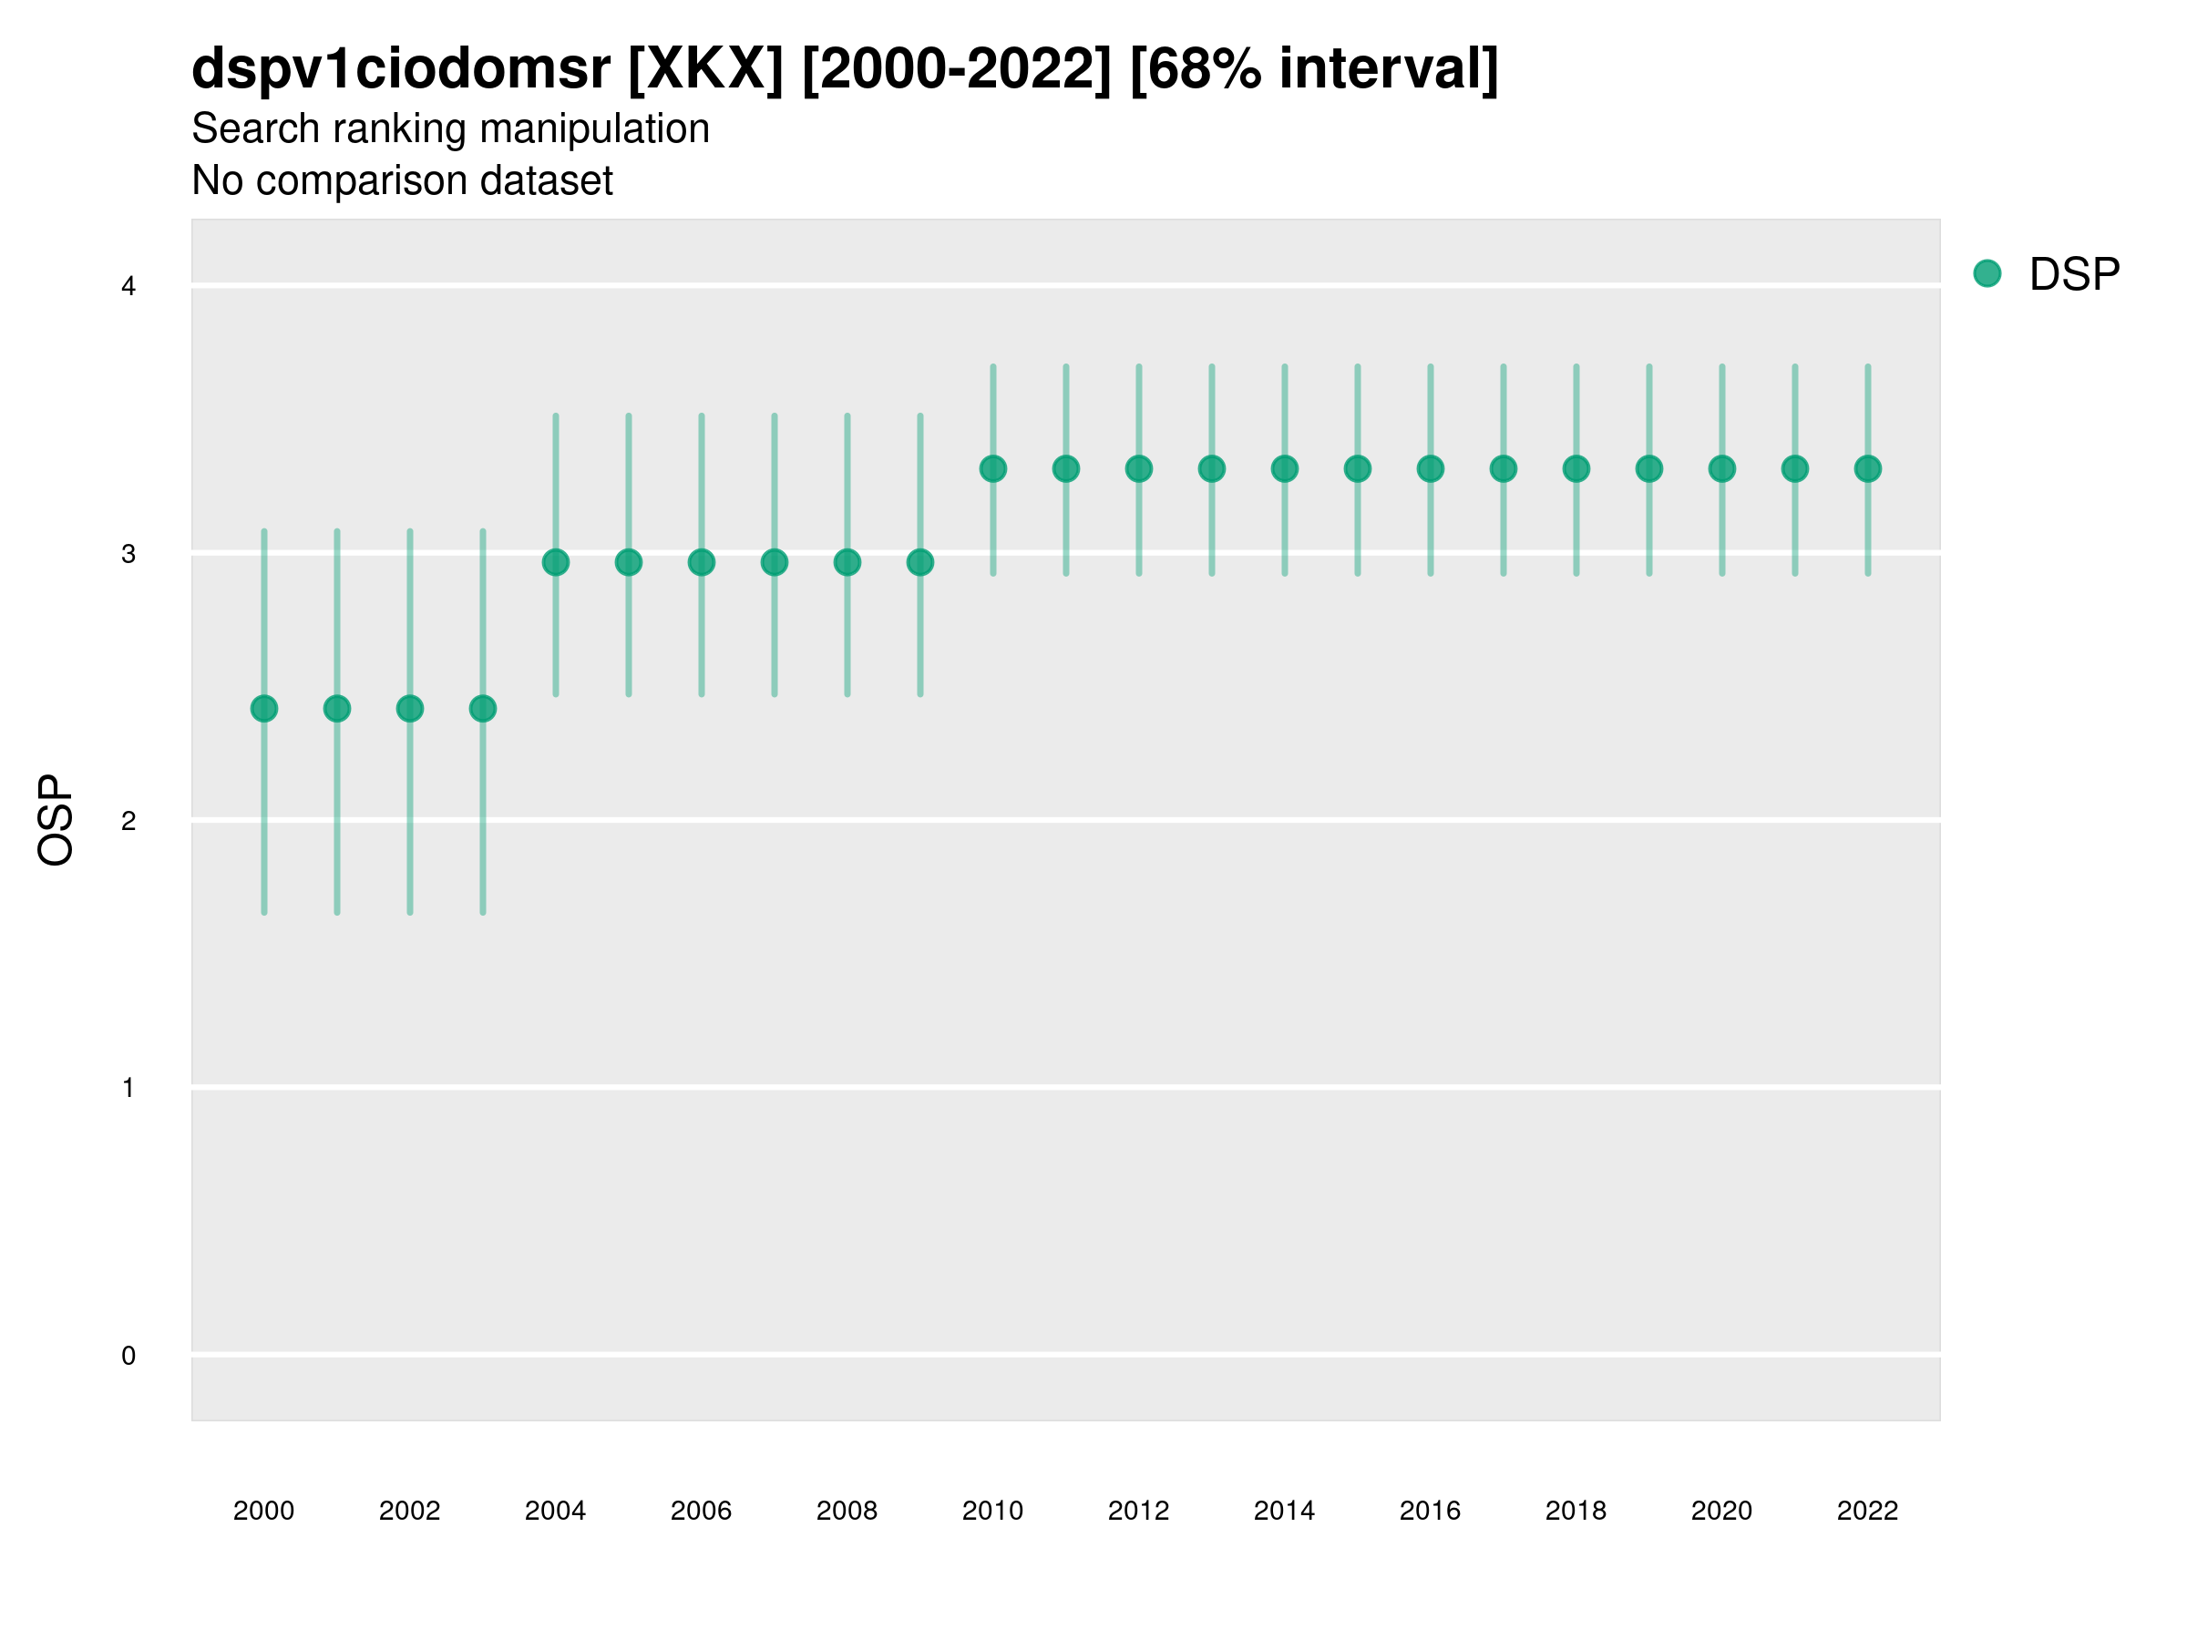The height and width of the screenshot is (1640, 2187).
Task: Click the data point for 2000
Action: coord(264,709)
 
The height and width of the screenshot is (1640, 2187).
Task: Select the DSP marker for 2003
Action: coord(482,709)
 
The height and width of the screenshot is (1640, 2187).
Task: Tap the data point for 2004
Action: coord(556,562)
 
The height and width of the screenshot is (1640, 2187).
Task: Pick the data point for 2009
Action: coord(920,562)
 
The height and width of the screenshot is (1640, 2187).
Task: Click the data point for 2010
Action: coord(992,468)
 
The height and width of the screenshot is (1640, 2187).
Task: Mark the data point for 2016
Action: coord(1431,468)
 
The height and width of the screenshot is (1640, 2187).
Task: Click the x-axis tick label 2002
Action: coord(409,1511)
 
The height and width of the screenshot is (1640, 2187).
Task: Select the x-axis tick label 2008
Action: coord(847,1511)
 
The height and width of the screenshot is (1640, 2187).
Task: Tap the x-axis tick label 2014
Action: coord(1284,1511)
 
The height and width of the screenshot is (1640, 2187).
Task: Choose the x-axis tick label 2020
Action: coord(1721,1511)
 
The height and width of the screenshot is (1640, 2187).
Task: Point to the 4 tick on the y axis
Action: coord(128,287)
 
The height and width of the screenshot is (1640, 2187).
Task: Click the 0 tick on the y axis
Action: coord(128,1356)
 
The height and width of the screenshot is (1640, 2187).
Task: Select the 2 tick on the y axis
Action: coord(128,821)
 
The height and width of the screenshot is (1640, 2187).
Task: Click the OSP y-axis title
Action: coord(56,821)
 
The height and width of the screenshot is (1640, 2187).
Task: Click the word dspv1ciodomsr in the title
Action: coord(400,69)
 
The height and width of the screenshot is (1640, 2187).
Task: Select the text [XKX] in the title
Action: coord(706,69)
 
